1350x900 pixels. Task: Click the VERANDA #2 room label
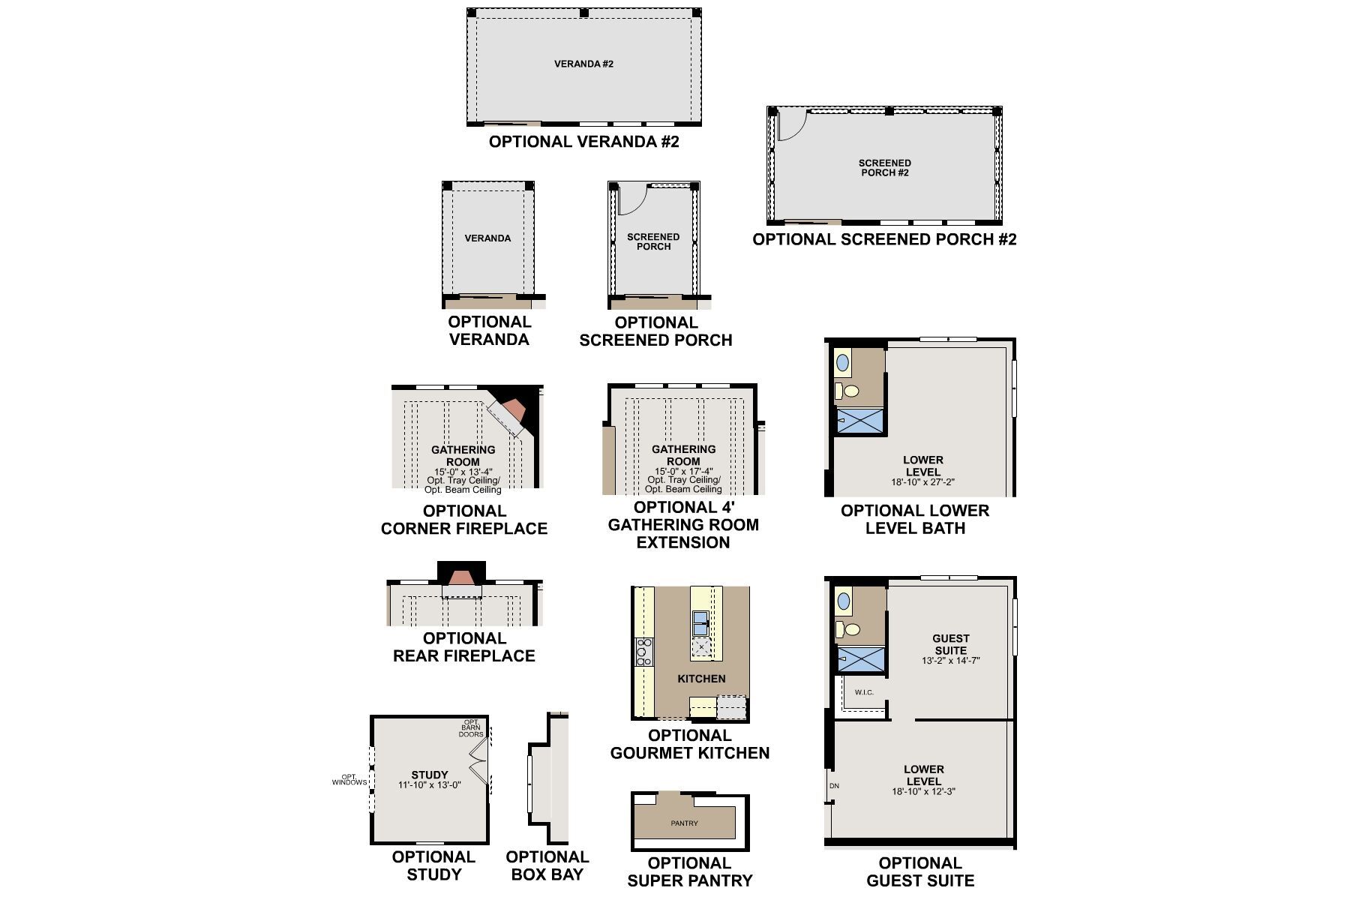coord(583,64)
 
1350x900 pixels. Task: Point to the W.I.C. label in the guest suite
coord(864,692)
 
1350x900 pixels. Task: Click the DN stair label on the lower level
coord(834,786)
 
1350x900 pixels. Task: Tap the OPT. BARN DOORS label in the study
coord(472,728)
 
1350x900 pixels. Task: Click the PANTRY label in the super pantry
coord(684,823)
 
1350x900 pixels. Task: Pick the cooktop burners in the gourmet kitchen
coord(643,652)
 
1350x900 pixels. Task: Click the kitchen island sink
coord(700,622)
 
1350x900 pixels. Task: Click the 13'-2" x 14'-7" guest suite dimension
coord(950,661)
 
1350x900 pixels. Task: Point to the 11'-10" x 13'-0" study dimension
coord(429,785)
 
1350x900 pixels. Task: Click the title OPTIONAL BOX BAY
coord(547,865)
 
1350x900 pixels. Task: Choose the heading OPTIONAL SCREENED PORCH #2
coord(884,239)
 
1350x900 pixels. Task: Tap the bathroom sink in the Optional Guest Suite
coord(844,601)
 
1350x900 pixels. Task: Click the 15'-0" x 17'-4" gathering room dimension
coord(683,472)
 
